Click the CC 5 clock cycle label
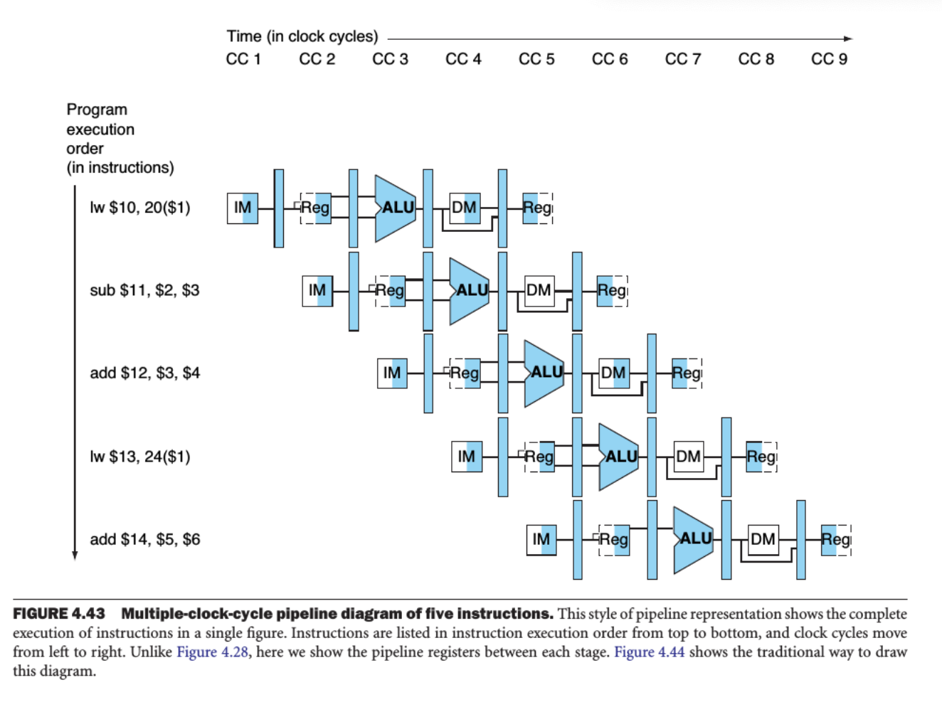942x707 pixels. click(536, 59)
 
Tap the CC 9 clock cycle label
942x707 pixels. click(829, 59)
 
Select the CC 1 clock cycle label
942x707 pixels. click(243, 59)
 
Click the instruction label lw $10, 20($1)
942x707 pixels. click(140, 208)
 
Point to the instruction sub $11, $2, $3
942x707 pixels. click(144, 290)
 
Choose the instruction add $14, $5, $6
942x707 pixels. click(145, 539)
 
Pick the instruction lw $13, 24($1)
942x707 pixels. click(140, 457)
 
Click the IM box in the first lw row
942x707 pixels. click(243, 208)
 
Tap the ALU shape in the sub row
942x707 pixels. click(470, 290)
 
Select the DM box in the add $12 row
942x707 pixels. click(613, 373)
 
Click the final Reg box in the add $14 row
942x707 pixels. click(836, 539)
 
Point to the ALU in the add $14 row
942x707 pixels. click(694, 539)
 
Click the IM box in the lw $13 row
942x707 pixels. click(467, 457)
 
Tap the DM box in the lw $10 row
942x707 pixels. click(465, 208)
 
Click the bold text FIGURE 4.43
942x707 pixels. click(59, 614)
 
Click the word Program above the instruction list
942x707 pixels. click(97, 110)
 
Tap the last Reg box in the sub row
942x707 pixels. click(612, 290)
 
